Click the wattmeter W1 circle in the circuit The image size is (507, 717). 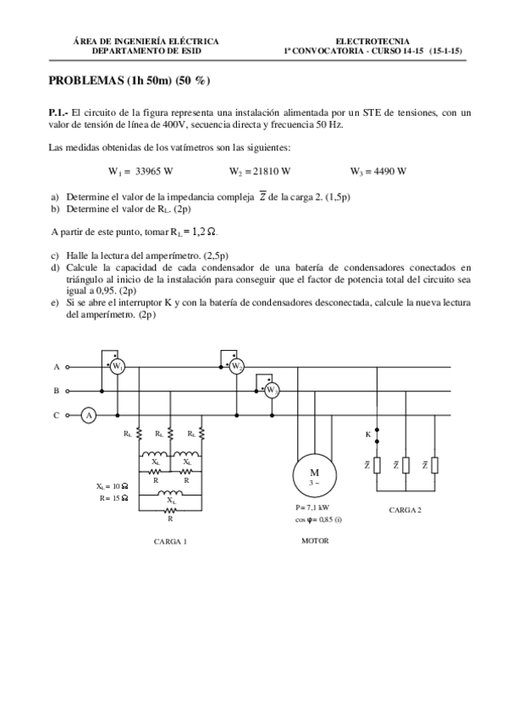(118, 366)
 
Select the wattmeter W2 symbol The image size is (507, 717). (238, 366)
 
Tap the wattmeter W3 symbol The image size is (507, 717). (272, 391)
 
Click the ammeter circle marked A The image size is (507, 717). (87, 415)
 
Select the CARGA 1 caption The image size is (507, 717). (170, 541)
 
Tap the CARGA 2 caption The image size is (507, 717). (405, 510)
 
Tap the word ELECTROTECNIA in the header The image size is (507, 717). (372, 40)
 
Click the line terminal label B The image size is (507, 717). (57, 391)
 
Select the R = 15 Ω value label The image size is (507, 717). (112, 499)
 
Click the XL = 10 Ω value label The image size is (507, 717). (112, 488)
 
